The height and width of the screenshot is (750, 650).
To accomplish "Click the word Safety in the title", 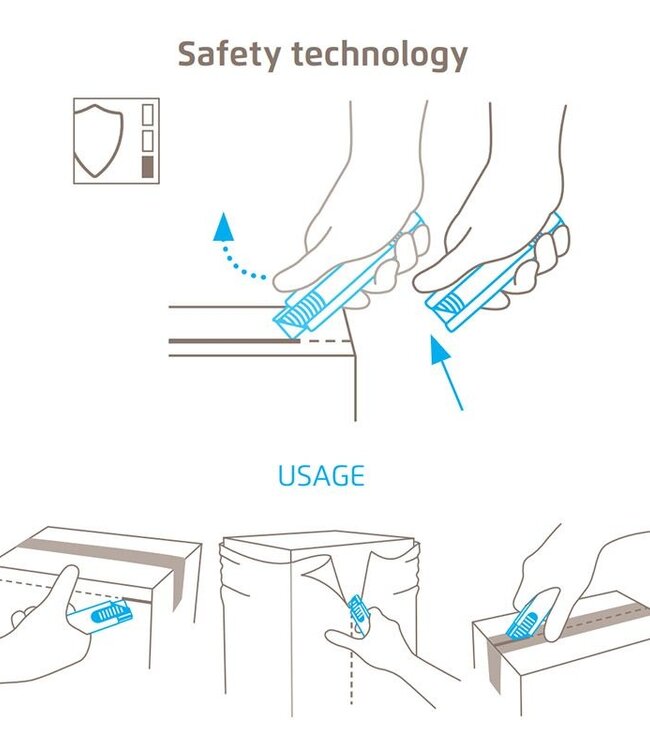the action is [x=229, y=55].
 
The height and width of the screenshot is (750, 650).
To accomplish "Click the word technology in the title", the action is [x=379, y=55].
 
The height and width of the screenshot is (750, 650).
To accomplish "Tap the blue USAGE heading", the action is [x=321, y=475].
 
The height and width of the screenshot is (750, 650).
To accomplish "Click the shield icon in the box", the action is [x=98, y=141].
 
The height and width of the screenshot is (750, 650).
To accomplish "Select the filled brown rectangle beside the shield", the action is [x=148, y=167].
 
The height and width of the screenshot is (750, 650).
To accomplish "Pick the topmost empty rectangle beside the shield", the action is [x=148, y=115].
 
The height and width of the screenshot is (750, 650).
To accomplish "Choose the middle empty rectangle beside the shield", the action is [x=148, y=141].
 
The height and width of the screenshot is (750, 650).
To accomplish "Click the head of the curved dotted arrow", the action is [x=223, y=227].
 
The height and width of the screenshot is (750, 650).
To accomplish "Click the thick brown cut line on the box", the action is [x=234, y=341].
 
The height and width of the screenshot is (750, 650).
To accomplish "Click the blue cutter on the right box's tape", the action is [x=525, y=621].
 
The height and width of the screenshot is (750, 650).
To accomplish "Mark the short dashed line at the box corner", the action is [x=326, y=341].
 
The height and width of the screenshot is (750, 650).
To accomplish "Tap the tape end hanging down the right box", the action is [x=495, y=666].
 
